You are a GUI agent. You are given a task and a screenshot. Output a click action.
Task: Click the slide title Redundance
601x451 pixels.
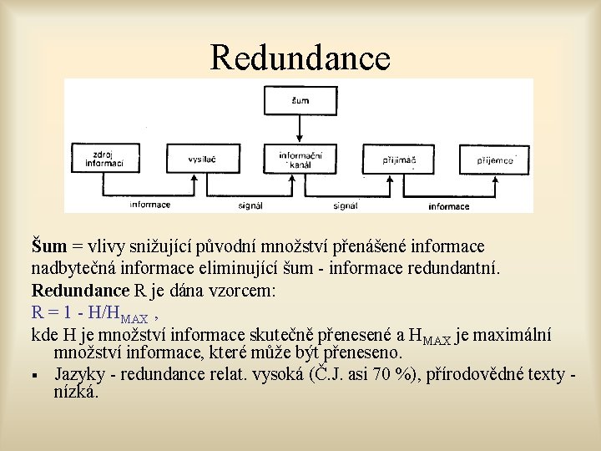300,58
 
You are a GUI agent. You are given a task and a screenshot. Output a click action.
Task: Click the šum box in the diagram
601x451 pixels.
300,101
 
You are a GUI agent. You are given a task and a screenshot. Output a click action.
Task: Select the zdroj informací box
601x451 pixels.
104,158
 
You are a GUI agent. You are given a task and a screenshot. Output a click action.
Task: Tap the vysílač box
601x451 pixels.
201,158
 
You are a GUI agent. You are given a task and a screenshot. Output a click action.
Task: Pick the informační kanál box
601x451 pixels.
300,158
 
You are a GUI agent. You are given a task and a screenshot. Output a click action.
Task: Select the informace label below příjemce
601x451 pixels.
449,206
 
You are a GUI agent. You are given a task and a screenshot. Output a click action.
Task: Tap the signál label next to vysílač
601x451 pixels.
250,205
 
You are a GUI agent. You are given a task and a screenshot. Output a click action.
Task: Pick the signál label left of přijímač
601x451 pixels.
346,205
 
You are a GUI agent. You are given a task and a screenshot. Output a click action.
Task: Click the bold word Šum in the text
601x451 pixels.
48,247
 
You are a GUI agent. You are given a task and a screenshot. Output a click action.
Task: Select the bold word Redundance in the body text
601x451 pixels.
81,291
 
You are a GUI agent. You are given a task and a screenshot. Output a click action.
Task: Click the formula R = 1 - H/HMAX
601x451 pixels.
89,315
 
